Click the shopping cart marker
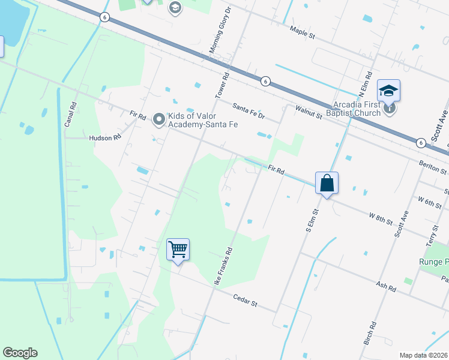coord(178,249)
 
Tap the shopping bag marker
coord(327,182)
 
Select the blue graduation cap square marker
coord(388,91)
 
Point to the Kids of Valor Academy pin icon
coord(159,119)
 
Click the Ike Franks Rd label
coord(223,267)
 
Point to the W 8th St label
coord(381,217)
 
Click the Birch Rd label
coord(370,333)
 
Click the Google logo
coord(20,353)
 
